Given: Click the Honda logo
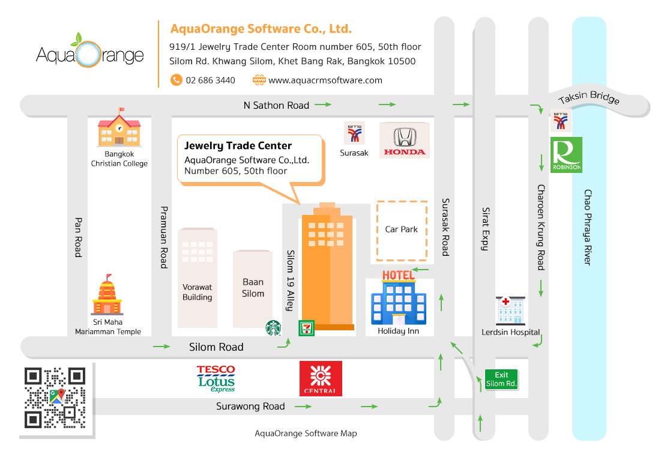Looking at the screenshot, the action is point(405,141).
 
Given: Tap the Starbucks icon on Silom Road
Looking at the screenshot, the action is point(273,328).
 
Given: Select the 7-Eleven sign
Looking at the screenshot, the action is point(306,328).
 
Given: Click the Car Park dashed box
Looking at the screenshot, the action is point(402,231).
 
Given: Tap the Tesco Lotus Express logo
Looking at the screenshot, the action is point(216,378).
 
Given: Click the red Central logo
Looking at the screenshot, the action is point(321,378).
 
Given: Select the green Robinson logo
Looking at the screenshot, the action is point(567,155).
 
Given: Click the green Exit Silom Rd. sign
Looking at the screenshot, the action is point(501,380).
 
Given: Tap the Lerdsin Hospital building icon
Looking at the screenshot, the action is point(510,310).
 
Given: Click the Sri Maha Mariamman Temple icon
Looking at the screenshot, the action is point(107,295).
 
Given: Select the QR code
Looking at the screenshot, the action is point(55,398).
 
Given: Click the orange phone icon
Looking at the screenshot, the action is point(177,80).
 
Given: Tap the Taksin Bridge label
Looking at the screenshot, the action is point(589,97).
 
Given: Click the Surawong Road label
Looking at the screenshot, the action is point(250,407).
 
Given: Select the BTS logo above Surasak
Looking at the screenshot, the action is point(355,134).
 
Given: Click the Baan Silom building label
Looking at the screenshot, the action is point(253,288).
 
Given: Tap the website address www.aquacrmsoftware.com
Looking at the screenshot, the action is point(325,80).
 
